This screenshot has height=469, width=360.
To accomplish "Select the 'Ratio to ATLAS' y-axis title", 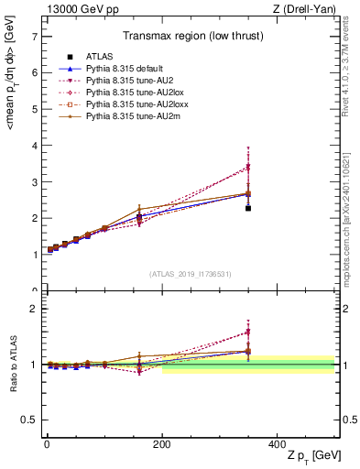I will [13, 365].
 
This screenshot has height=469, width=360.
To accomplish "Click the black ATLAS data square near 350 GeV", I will [248, 208].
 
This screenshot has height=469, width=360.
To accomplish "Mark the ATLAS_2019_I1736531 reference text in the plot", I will [190, 274].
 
